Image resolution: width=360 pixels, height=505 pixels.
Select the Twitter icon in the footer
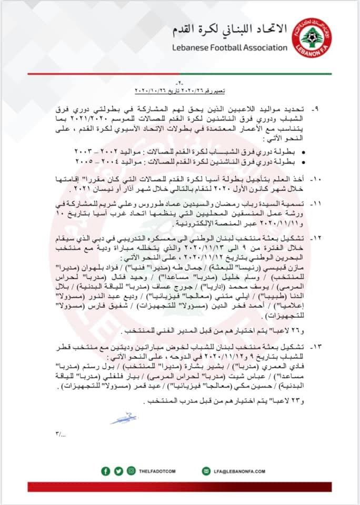(x=117, y=471)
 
